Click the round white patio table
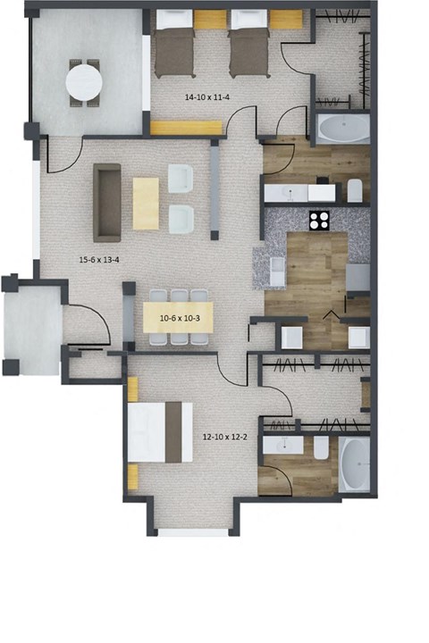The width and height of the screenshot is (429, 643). tap(86, 81)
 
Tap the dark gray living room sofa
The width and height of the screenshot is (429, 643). tap(108, 203)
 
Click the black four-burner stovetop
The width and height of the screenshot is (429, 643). tap(320, 220)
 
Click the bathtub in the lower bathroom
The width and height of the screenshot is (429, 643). tap(354, 464)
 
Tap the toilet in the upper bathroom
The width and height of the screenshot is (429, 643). tap(354, 190)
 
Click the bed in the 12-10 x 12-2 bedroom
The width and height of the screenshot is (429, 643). tap(161, 431)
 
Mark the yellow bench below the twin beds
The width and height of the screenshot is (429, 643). tap(186, 128)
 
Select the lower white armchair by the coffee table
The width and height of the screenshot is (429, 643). tap(182, 219)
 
